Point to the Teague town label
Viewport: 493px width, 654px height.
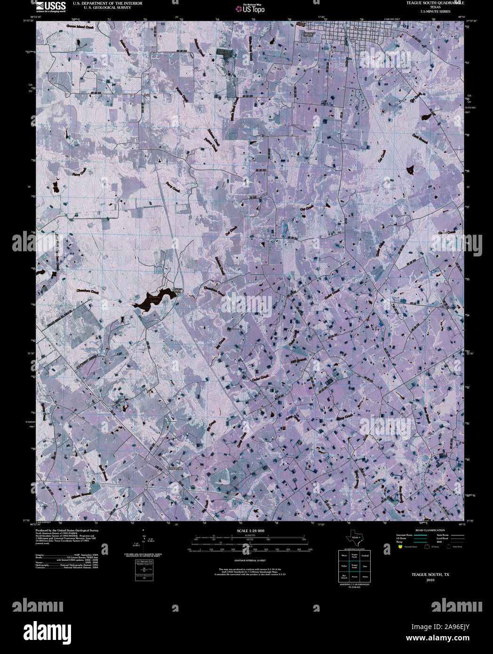coord(359,29)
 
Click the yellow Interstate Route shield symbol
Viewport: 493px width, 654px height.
coord(400,547)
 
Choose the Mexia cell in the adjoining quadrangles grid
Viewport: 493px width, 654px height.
coord(344,556)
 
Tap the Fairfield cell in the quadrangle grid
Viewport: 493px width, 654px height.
coord(365,556)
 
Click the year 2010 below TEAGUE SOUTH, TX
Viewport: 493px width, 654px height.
coord(430,580)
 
